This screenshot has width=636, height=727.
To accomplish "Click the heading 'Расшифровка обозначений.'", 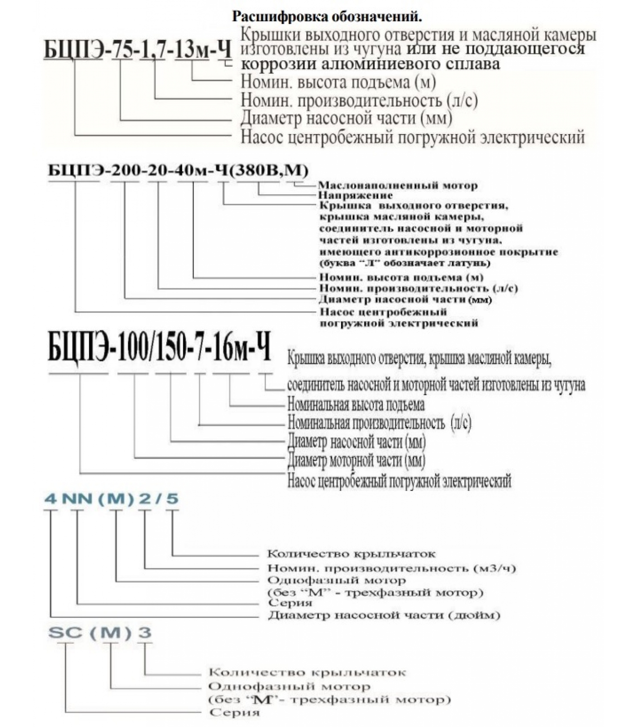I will pyautogui.click(x=327, y=17).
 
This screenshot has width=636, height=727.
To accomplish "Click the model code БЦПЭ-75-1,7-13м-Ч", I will pyautogui.click(x=138, y=50).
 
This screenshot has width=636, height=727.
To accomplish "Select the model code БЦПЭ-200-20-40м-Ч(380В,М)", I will pyautogui.click(x=178, y=170).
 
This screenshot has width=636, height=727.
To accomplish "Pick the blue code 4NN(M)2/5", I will pyautogui.click(x=111, y=498).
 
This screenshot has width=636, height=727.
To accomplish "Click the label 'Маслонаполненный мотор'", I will pyautogui.click(x=397, y=185).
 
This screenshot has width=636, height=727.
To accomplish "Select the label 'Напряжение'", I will pyautogui.click(x=355, y=195).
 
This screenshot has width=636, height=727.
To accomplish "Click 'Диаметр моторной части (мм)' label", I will pyautogui.click(x=357, y=460).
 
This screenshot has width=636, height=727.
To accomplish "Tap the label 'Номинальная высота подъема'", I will pyautogui.click(x=356, y=404).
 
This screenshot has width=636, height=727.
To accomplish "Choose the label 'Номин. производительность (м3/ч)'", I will pyautogui.click(x=392, y=568).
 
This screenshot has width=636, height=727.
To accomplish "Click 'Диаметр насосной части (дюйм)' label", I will pyautogui.click(x=384, y=615).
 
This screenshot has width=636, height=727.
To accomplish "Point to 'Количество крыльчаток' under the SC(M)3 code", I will pyautogui.click(x=307, y=672).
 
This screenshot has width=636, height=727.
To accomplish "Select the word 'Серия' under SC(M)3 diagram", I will pyautogui.click(x=234, y=712).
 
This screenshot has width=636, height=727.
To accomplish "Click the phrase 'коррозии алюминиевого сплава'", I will pyautogui.click(x=370, y=64).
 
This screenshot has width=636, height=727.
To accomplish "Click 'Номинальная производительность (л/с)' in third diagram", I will pyautogui.click(x=379, y=423).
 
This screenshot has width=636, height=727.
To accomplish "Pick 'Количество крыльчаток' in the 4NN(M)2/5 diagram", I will pyautogui.click(x=351, y=553).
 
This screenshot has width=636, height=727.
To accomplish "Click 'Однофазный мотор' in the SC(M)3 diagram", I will pyautogui.click(x=289, y=686).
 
